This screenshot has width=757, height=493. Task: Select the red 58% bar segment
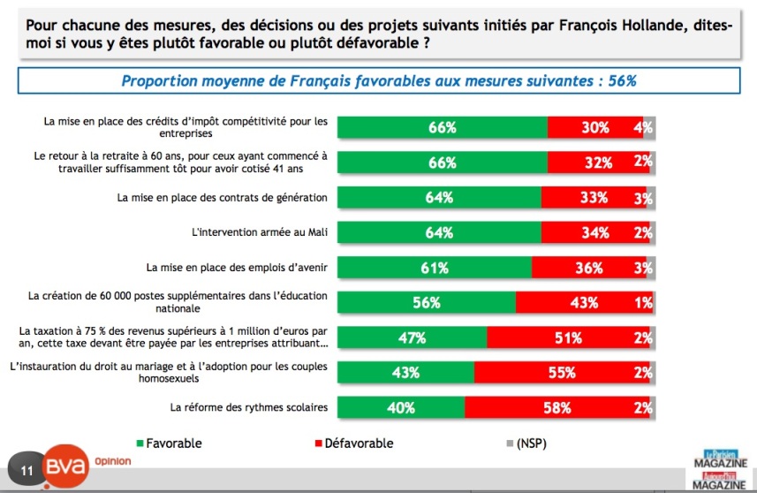pos(556,407)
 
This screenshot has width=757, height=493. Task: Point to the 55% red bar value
pos(562,373)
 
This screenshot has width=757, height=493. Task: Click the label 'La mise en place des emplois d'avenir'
pos(236,267)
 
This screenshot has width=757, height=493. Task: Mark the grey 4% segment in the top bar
pos(648,127)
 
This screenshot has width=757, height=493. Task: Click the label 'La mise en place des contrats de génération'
pos(223,197)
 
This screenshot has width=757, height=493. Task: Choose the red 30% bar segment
pos(594,127)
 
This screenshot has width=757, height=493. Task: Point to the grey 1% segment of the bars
pos(652,302)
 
